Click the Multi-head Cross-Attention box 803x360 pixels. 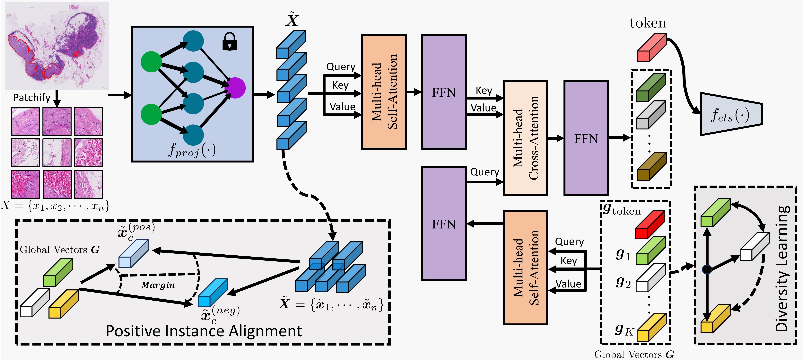tap(525, 138)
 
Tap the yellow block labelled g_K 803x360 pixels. tap(651, 327)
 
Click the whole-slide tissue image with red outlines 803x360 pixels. tap(57, 46)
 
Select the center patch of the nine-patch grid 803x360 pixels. tap(57, 153)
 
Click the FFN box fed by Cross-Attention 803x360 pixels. tap(586, 138)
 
